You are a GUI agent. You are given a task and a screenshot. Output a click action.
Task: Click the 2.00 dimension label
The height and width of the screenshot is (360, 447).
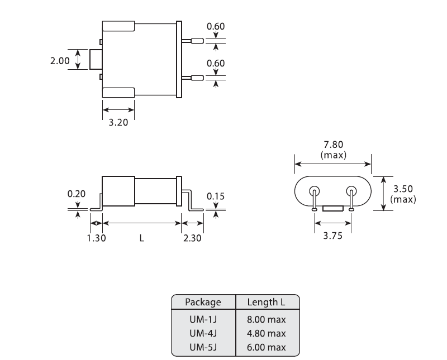(x=60, y=61)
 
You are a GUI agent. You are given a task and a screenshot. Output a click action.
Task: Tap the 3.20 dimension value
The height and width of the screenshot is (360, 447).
(x=118, y=122)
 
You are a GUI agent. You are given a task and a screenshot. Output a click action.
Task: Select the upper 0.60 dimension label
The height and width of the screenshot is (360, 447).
(x=216, y=26)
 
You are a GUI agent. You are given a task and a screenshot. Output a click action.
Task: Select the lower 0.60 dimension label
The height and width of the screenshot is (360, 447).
(x=216, y=63)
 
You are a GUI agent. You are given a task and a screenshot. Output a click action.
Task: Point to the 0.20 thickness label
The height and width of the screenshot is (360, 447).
(x=77, y=194)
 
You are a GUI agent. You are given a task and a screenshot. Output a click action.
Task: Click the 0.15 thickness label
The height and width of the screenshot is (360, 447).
(x=216, y=196)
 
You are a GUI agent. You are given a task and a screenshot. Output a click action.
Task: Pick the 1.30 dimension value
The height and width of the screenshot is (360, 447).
(x=96, y=238)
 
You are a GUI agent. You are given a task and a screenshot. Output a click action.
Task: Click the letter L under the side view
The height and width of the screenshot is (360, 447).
(x=142, y=238)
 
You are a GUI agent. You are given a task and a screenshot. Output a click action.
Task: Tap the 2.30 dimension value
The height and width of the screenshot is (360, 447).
(x=192, y=238)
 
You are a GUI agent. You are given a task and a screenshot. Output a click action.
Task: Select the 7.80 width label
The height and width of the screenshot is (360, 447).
(x=333, y=145)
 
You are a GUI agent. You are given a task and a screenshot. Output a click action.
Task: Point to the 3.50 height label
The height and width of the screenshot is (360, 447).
(x=403, y=189)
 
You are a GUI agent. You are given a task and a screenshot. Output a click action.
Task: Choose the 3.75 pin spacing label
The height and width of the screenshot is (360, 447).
(x=332, y=236)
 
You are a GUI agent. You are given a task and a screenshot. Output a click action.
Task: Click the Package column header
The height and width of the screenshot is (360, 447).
(x=203, y=302)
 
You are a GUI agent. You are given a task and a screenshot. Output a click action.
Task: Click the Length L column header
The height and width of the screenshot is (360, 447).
(x=267, y=302)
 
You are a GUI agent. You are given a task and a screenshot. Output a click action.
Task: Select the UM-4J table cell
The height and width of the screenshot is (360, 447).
(x=203, y=333)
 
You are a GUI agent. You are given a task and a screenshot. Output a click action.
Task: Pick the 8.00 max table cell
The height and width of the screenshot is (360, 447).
(x=267, y=320)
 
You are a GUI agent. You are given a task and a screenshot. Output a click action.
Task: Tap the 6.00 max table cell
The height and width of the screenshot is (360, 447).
(x=267, y=347)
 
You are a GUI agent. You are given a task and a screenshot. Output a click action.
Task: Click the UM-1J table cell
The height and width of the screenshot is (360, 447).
(x=203, y=320)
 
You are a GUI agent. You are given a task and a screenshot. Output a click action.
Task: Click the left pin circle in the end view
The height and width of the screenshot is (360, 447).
(x=315, y=190)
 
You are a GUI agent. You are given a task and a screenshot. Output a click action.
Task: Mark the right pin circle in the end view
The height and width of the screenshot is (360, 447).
(x=351, y=190)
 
